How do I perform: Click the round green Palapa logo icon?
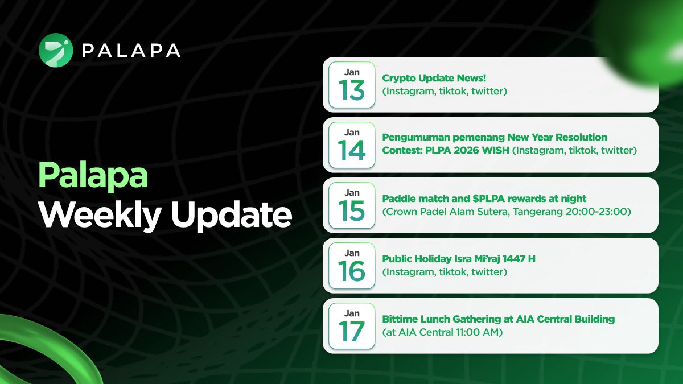(56, 51)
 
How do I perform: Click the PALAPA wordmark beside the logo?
(131, 51)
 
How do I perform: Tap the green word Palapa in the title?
(93, 176)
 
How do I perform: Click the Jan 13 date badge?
(352, 84)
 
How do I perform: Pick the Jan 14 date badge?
(352, 144)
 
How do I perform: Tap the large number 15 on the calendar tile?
(352, 210)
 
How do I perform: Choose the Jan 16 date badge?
(352, 265)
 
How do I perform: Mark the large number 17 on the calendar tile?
(352, 331)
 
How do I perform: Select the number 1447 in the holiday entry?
(515, 259)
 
